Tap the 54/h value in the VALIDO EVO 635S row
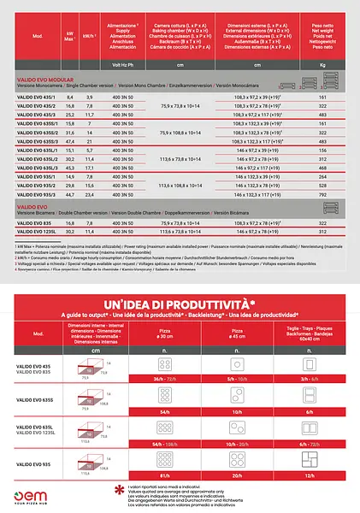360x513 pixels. [159, 411]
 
